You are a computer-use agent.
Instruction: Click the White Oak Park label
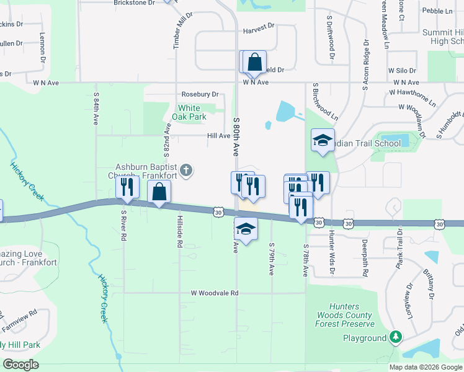(189, 112)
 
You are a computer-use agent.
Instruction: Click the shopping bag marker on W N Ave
(254, 62)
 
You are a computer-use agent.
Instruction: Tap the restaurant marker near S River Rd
(127, 188)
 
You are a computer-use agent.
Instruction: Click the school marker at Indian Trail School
(323, 141)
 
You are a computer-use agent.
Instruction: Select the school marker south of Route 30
(246, 229)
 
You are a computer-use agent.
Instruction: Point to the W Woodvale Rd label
(215, 293)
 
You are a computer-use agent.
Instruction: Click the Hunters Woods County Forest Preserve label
(345, 315)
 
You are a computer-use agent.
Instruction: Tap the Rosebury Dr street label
(200, 94)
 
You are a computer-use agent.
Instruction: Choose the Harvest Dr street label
(258, 28)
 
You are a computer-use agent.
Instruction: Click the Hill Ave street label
(218, 136)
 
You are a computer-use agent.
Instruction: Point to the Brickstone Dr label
(134, 3)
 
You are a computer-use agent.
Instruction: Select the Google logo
(20, 365)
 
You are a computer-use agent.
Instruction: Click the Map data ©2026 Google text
(425, 367)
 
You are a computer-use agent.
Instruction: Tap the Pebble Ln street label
(437, 11)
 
